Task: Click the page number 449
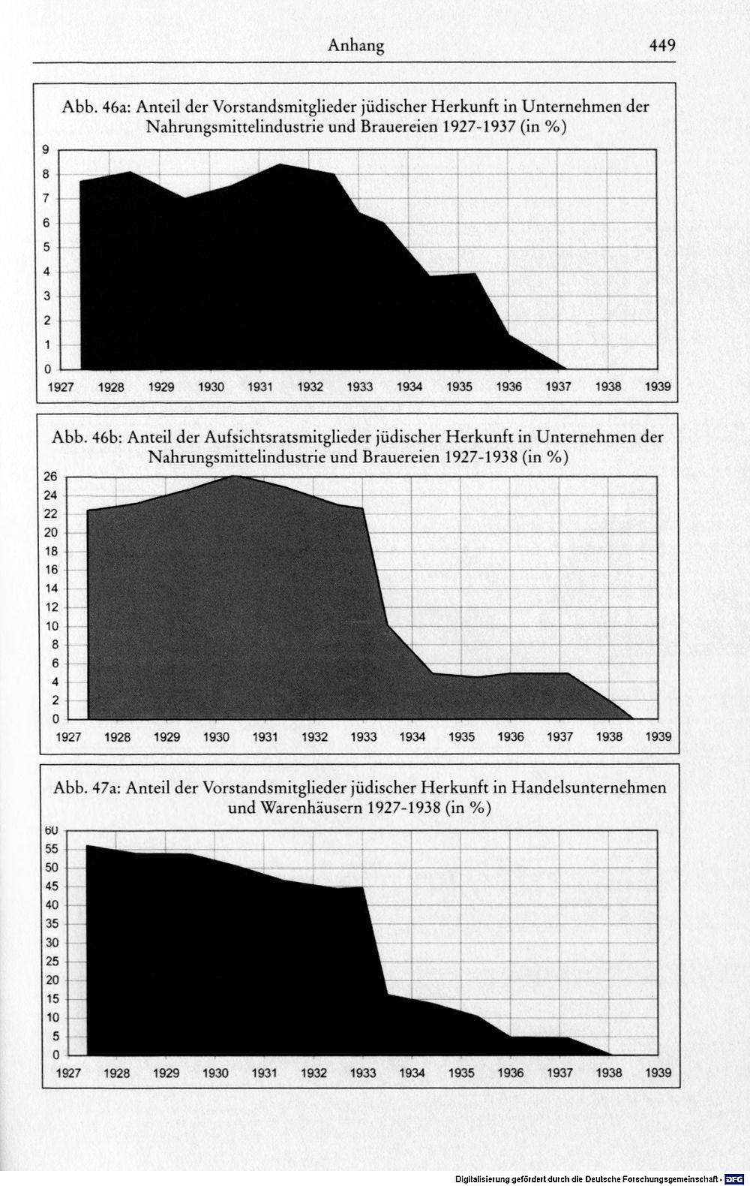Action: point(662,46)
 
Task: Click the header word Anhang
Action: point(356,47)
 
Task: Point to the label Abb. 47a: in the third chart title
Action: point(88,788)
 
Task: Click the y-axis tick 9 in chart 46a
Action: point(46,150)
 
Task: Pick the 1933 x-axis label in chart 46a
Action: point(360,387)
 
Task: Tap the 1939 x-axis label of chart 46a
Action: point(658,387)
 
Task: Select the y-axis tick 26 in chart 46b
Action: point(51,477)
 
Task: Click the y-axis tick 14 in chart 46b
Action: point(51,588)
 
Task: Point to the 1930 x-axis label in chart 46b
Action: point(216,736)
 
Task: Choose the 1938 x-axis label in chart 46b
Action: point(609,736)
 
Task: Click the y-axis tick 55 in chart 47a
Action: point(51,849)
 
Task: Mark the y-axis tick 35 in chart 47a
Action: point(51,925)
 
